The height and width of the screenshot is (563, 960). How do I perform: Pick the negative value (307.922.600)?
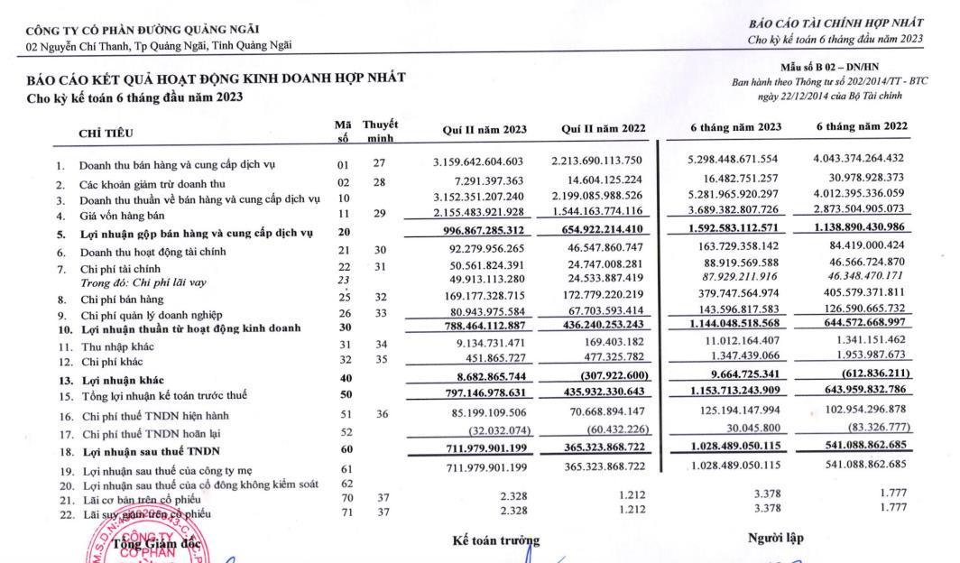click(x=610, y=380)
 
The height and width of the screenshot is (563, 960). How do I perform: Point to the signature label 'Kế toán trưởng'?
click(x=495, y=540)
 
